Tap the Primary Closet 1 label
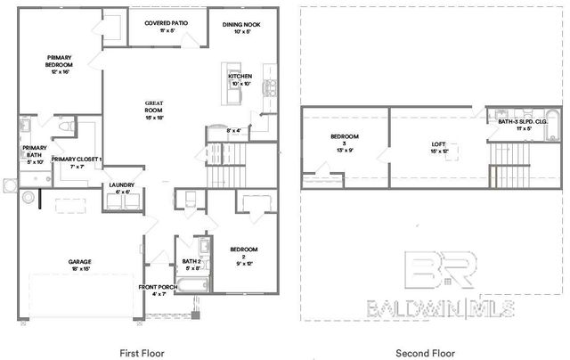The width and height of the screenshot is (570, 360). point(77,162)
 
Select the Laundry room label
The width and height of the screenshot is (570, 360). point(122,187)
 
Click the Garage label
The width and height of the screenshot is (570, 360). point(80,265)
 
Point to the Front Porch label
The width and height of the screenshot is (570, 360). point(159,289)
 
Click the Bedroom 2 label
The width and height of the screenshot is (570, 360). point(243,253)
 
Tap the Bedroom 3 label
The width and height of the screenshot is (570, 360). point(344,140)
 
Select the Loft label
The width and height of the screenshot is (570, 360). point(438,147)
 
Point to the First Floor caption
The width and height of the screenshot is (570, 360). point(142,353)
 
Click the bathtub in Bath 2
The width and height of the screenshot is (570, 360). point(192,286)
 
